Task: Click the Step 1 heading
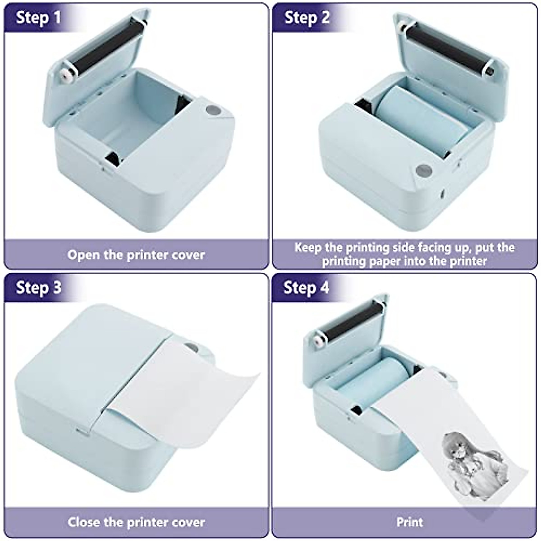click(38, 18)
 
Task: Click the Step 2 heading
click(307, 18)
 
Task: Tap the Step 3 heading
click(38, 288)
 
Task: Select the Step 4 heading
click(306, 288)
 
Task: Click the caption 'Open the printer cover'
click(136, 255)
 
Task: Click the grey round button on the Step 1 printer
click(212, 110)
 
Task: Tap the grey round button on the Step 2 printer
click(424, 170)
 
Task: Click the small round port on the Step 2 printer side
click(442, 193)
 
